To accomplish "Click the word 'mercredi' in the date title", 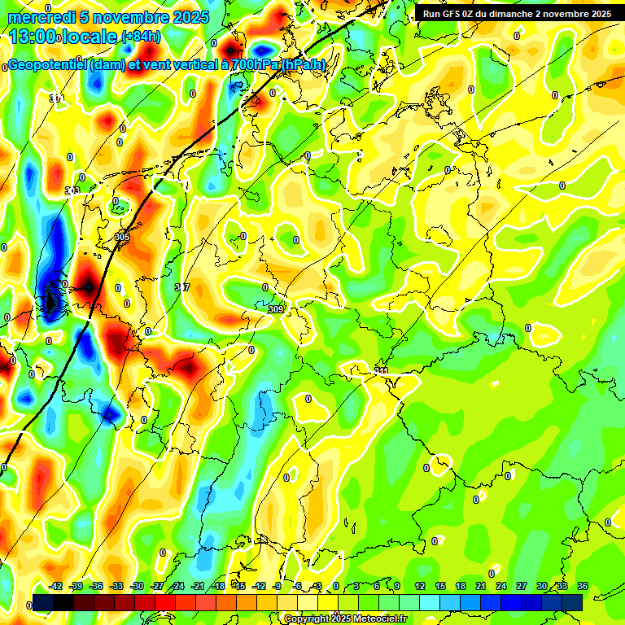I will tap(42, 17).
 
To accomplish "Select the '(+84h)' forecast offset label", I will tap(141, 36).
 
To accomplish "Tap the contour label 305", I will tap(122, 237).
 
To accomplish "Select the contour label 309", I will tap(276, 309).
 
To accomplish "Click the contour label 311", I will tap(382, 371).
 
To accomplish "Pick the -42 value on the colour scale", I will tap(56, 586).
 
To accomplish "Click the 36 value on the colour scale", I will tap(583, 586).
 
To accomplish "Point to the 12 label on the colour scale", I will tap(420, 586).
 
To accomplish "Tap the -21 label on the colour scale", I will tap(198, 586).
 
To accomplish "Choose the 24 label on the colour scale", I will tap(501, 586).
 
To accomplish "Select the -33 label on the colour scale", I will tap(117, 586).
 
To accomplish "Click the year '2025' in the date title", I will tap(185, 17).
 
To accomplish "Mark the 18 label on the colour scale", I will tap(461, 586).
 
